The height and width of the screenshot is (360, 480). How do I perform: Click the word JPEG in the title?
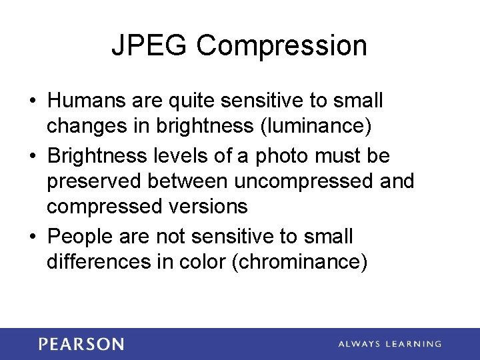(150, 45)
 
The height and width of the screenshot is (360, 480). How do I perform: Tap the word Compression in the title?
(282, 46)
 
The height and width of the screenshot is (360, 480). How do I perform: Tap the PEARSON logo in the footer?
(81, 344)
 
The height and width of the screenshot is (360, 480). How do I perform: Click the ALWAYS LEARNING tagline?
(389, 344)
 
